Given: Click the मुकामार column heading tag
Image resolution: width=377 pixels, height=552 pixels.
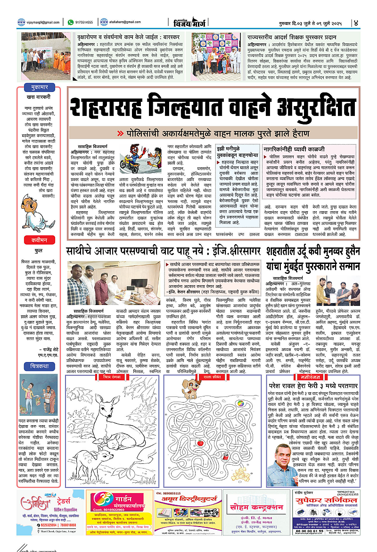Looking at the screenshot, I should click(x=37, y=88).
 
